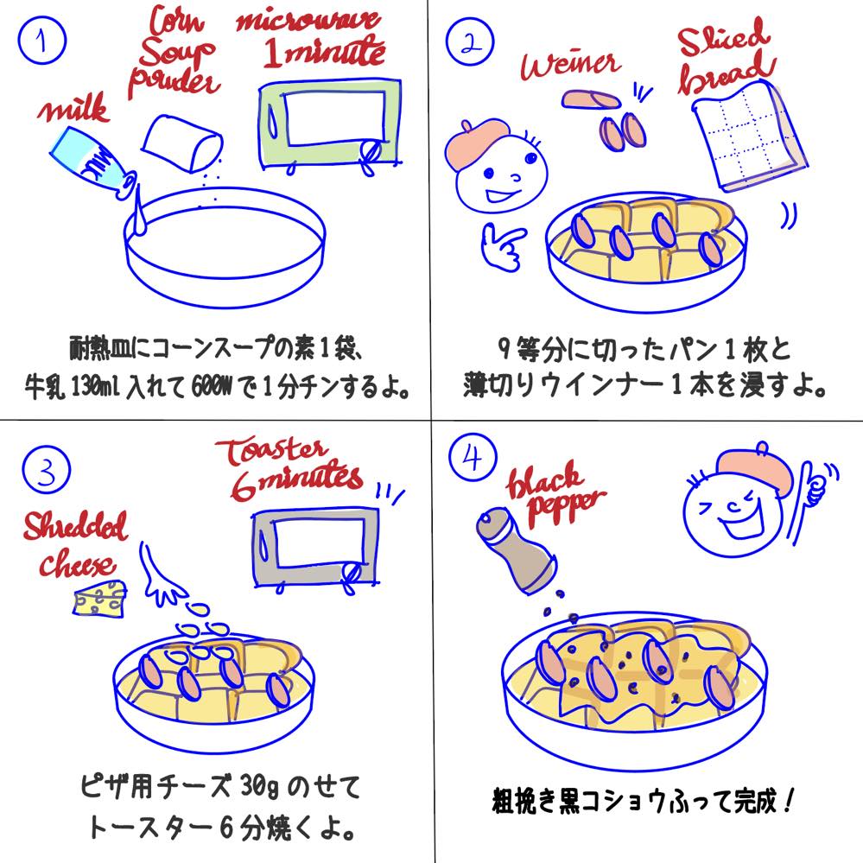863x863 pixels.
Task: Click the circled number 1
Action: point(41,41)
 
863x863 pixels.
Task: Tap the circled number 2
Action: point(469,41)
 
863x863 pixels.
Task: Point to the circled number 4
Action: point(473,457)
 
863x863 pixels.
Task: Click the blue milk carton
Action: point(93,163)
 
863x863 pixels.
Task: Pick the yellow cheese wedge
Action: point(99,599)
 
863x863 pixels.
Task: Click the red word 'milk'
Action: point(74,109)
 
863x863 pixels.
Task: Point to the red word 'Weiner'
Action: point(571,65)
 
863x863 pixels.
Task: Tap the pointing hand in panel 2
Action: point(501,246)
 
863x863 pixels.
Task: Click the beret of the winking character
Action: point(758,467)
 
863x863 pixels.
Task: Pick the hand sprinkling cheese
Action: point(161,574)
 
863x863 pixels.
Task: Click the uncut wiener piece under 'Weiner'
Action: point(590,99)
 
